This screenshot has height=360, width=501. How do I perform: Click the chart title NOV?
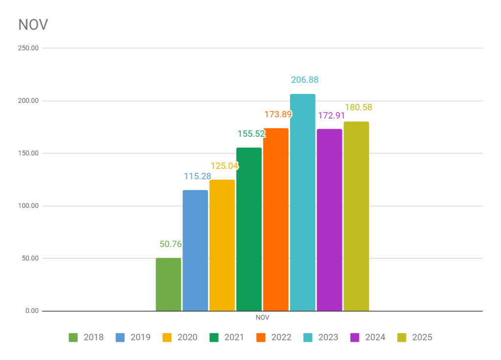(33, 25)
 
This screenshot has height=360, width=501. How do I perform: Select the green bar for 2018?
(168, 284)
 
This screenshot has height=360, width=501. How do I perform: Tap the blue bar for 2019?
(195, 250)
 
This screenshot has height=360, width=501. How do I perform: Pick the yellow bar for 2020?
(222, 245)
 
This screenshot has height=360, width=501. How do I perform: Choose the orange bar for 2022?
(275, 220)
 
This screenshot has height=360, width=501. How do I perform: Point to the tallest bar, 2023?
(302, 202)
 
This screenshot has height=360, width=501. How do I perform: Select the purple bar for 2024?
(329, 220)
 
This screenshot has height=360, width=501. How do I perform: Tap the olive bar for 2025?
(356, 216)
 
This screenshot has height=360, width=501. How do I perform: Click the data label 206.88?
(305, 80)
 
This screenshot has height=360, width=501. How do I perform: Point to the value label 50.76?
(171, 244)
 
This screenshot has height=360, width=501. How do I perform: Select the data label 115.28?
(198, 176)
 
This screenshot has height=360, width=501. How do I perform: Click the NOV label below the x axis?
(262, 317)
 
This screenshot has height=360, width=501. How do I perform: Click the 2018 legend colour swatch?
(73, 337)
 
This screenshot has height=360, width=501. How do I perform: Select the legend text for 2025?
(422, 337)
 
